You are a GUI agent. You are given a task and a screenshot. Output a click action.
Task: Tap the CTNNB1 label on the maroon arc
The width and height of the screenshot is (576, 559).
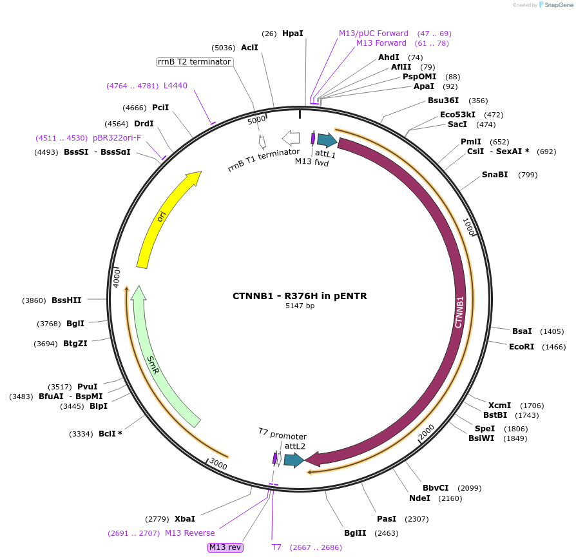pos(459,313)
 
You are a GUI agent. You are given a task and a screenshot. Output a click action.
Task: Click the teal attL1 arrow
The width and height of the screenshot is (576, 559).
pos(327,140)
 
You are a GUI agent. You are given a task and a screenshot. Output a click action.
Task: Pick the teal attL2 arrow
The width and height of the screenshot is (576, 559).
pos(294,460)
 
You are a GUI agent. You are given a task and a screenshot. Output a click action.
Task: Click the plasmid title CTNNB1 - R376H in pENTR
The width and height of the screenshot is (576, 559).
pos(300,296)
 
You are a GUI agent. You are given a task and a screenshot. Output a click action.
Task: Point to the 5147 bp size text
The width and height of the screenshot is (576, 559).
pos(300,306)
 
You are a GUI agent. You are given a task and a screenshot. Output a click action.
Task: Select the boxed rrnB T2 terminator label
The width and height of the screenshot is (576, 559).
pos(194,62)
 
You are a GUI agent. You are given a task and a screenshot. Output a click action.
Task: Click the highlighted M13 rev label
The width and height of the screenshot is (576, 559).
pos(225,547)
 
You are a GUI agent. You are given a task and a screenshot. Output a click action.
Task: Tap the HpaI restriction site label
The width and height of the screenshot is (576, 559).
pos(293,33)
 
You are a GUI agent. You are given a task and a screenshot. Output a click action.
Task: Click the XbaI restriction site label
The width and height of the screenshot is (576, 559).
pos(184,518)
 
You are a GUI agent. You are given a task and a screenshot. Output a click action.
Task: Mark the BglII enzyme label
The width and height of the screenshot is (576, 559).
pos(355,533)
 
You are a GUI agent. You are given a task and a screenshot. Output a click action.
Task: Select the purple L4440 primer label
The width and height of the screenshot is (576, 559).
pos(175,85)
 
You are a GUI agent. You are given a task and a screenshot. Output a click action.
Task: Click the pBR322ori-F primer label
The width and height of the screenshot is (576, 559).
pos(117,138)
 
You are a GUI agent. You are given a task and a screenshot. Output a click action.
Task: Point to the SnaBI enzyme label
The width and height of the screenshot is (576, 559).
pos(495,175)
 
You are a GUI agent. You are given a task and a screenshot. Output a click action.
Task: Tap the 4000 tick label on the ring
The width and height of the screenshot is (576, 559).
pos(117,278)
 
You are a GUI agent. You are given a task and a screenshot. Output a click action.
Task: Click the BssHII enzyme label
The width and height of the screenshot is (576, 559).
pos(67,300)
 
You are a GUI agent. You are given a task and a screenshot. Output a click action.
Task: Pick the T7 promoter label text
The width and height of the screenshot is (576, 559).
pos(282,436)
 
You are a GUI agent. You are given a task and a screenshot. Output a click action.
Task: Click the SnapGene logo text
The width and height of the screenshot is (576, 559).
pos(556,5)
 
